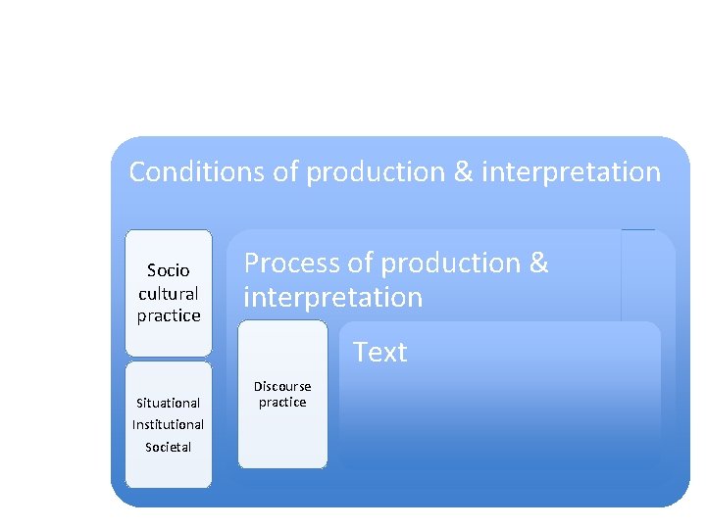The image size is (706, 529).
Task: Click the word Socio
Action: (168, 270)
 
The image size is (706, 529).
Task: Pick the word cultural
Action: (168, 293)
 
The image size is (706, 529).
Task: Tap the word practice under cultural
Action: (168, 315)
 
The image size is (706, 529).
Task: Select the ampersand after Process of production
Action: (538, 264)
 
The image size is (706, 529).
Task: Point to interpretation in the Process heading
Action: (332, 297)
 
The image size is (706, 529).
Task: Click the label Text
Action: (379, 353)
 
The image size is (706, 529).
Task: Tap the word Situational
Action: (168, 403)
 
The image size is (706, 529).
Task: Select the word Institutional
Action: (168, 424)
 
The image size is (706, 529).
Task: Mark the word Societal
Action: (168, 447)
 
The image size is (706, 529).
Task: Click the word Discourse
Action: (282, 386)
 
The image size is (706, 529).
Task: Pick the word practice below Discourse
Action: (282, 403)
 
